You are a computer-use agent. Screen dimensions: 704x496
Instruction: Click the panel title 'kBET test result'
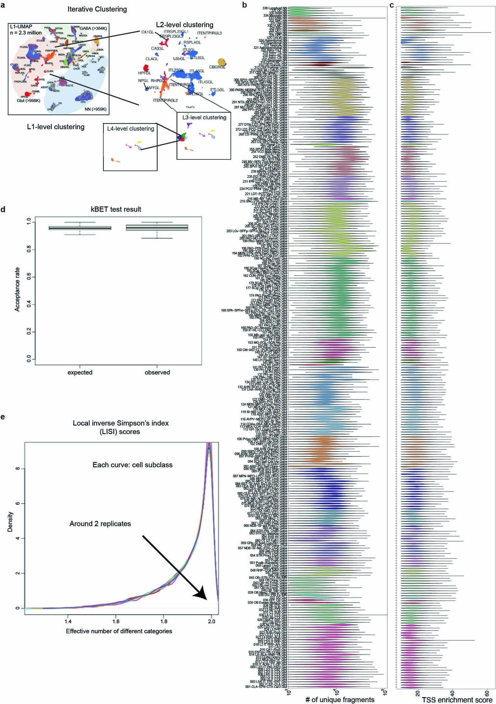click(x=116, y=209)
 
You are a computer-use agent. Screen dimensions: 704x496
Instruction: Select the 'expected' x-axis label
click(x=80, y=372)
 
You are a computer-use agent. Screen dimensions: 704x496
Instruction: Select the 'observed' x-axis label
click(x=157, y=372)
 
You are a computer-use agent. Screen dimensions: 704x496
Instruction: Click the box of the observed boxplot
click(x=157, y=228)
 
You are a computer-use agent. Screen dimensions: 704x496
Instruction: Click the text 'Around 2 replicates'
click(x=100, y=524)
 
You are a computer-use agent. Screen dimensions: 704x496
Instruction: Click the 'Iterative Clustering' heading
click(x=97, y=9)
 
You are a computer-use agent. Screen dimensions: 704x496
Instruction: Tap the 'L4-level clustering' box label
click(x=131, y=129)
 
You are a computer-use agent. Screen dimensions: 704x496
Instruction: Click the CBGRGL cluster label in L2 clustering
click(x=217, y=67)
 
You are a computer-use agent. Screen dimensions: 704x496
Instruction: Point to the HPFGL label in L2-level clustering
click(x=145, y=73)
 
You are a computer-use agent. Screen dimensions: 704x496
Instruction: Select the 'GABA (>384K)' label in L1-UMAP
click(x=93, y=28)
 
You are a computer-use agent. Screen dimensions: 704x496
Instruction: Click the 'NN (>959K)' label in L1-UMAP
click(x=95, y=109)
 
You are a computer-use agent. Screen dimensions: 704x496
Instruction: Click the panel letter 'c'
click(x=392, y=5)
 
